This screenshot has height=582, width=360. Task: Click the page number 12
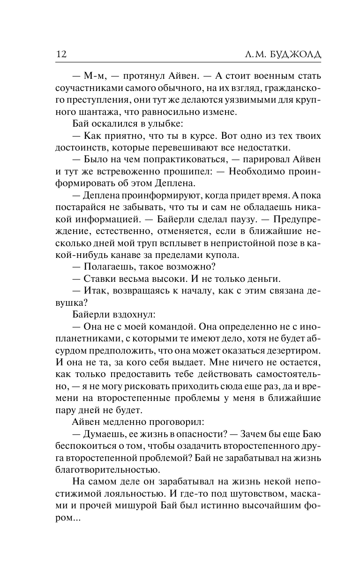[61, 54]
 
